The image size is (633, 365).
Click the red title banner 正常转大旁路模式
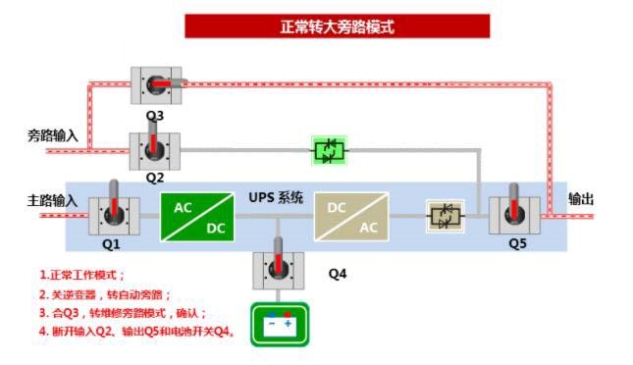[x=337, y=26]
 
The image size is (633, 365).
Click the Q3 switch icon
[x=156, y=86]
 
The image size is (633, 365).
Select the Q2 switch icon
[x=154, y=149]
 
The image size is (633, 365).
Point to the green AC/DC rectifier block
[x=197, y=217]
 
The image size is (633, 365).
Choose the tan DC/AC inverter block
[x=350, y=217]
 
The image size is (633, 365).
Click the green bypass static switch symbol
[x=330, y=150]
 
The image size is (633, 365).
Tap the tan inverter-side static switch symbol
[x=447, y=217]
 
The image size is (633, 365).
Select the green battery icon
[x=280, y=324]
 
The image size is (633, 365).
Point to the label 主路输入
[x=52, y=200]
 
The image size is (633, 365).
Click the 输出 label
[x=582, y=199]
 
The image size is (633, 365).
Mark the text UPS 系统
[x=276, y=197]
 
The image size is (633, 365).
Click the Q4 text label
[x=338, y=274]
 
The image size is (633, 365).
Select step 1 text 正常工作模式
[x=82, y=276]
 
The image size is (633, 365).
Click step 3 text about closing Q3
[x=124, y=313]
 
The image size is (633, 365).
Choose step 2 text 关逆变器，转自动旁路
[x=106, y=294]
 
